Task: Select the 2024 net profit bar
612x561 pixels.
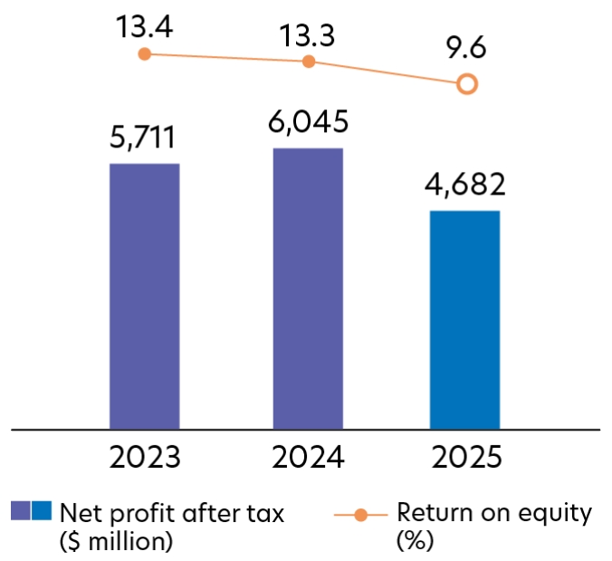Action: click(x=308, y=288)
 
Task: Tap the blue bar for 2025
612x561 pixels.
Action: click(x=464, y=319)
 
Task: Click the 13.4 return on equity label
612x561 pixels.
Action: click(x=144, y=26)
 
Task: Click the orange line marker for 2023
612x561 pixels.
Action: click(x=144, y=54)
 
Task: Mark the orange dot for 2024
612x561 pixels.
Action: click(x=308, y=62)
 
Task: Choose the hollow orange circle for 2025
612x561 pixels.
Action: click(x=466, y=84)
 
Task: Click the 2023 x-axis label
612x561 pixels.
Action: click(x=144, y=457)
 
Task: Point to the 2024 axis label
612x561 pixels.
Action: click(x=308, y=457)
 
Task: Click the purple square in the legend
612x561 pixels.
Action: click(x=20, y=511)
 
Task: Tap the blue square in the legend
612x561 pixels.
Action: click(x=41, y=511)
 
